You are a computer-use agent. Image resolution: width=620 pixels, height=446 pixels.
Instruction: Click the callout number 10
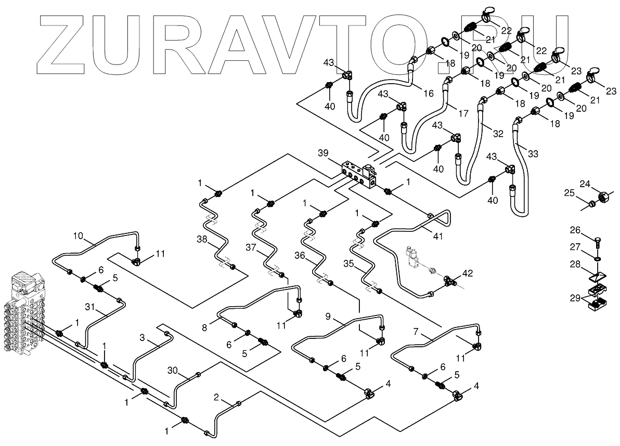pos(77,235)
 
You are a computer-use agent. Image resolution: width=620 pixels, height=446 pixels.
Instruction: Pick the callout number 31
pos(91,307)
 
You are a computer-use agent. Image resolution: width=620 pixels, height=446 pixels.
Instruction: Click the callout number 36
pos(300,255)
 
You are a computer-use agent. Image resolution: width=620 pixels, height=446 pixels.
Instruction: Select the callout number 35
pos(349,264)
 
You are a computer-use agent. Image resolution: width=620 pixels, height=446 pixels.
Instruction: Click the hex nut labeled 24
pos(604,198)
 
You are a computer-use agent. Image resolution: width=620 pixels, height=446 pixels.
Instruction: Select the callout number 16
pos(428,94)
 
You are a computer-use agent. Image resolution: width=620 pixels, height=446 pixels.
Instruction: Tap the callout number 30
pos(173,370)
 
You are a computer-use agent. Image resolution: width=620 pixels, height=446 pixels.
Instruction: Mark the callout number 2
pos(216,398)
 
